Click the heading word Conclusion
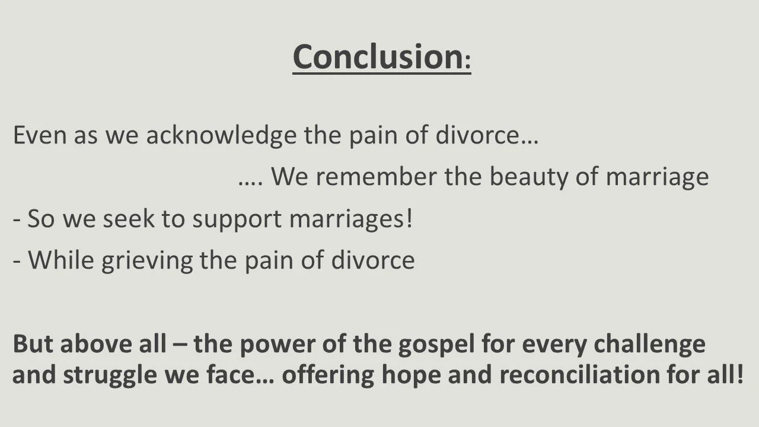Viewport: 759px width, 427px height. [377, 56]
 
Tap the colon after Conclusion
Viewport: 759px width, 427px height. [467, 62]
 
